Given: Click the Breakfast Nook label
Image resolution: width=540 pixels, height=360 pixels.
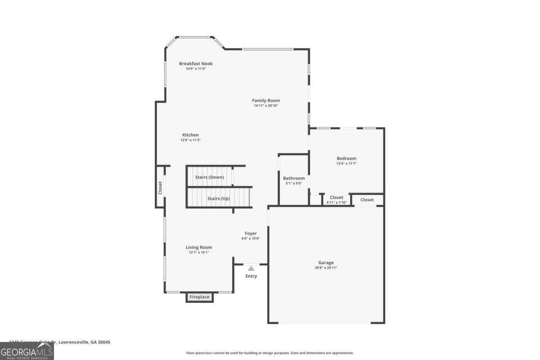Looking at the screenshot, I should (x=196, y=63).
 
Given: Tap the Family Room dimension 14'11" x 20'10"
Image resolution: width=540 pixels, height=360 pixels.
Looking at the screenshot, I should (x=266, y=106).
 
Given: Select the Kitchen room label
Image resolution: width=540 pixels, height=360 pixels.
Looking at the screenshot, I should (x=190, y=135).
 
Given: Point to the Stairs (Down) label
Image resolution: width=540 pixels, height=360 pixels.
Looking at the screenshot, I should (x=209, y=177).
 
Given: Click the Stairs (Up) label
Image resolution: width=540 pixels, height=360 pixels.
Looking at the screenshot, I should (x=218, y=198).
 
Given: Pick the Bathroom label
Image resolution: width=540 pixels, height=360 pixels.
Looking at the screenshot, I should (x=293, y=178).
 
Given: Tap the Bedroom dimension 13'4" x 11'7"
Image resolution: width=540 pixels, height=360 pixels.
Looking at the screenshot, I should (x=346, y=163).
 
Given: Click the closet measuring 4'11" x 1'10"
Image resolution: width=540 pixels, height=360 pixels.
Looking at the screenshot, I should (x=336, y=199).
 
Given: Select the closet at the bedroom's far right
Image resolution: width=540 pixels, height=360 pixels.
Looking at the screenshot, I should (x=367, y=200).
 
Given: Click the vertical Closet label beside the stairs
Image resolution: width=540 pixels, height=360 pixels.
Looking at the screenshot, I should (x=160, y=188).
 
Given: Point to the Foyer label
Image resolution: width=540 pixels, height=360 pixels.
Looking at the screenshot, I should (x=251, y=233).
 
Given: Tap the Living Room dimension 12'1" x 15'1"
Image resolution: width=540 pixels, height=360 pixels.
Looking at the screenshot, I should (x=199, y=252).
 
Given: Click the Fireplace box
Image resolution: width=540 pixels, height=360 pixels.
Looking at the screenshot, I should (x=199, y=297).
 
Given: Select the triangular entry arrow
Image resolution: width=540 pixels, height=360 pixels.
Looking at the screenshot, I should (x=251, y=268).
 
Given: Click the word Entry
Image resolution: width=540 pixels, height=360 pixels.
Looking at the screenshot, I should (x=251, y=276).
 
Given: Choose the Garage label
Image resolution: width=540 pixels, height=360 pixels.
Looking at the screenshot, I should (x=326, y=262).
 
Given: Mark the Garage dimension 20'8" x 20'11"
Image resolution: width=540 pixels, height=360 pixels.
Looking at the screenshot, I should (x=326, y=268).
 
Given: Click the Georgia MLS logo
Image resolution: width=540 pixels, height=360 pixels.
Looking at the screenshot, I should (x=27, y=351).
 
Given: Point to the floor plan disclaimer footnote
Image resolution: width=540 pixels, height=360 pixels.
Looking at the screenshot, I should (x=270, y=353).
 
